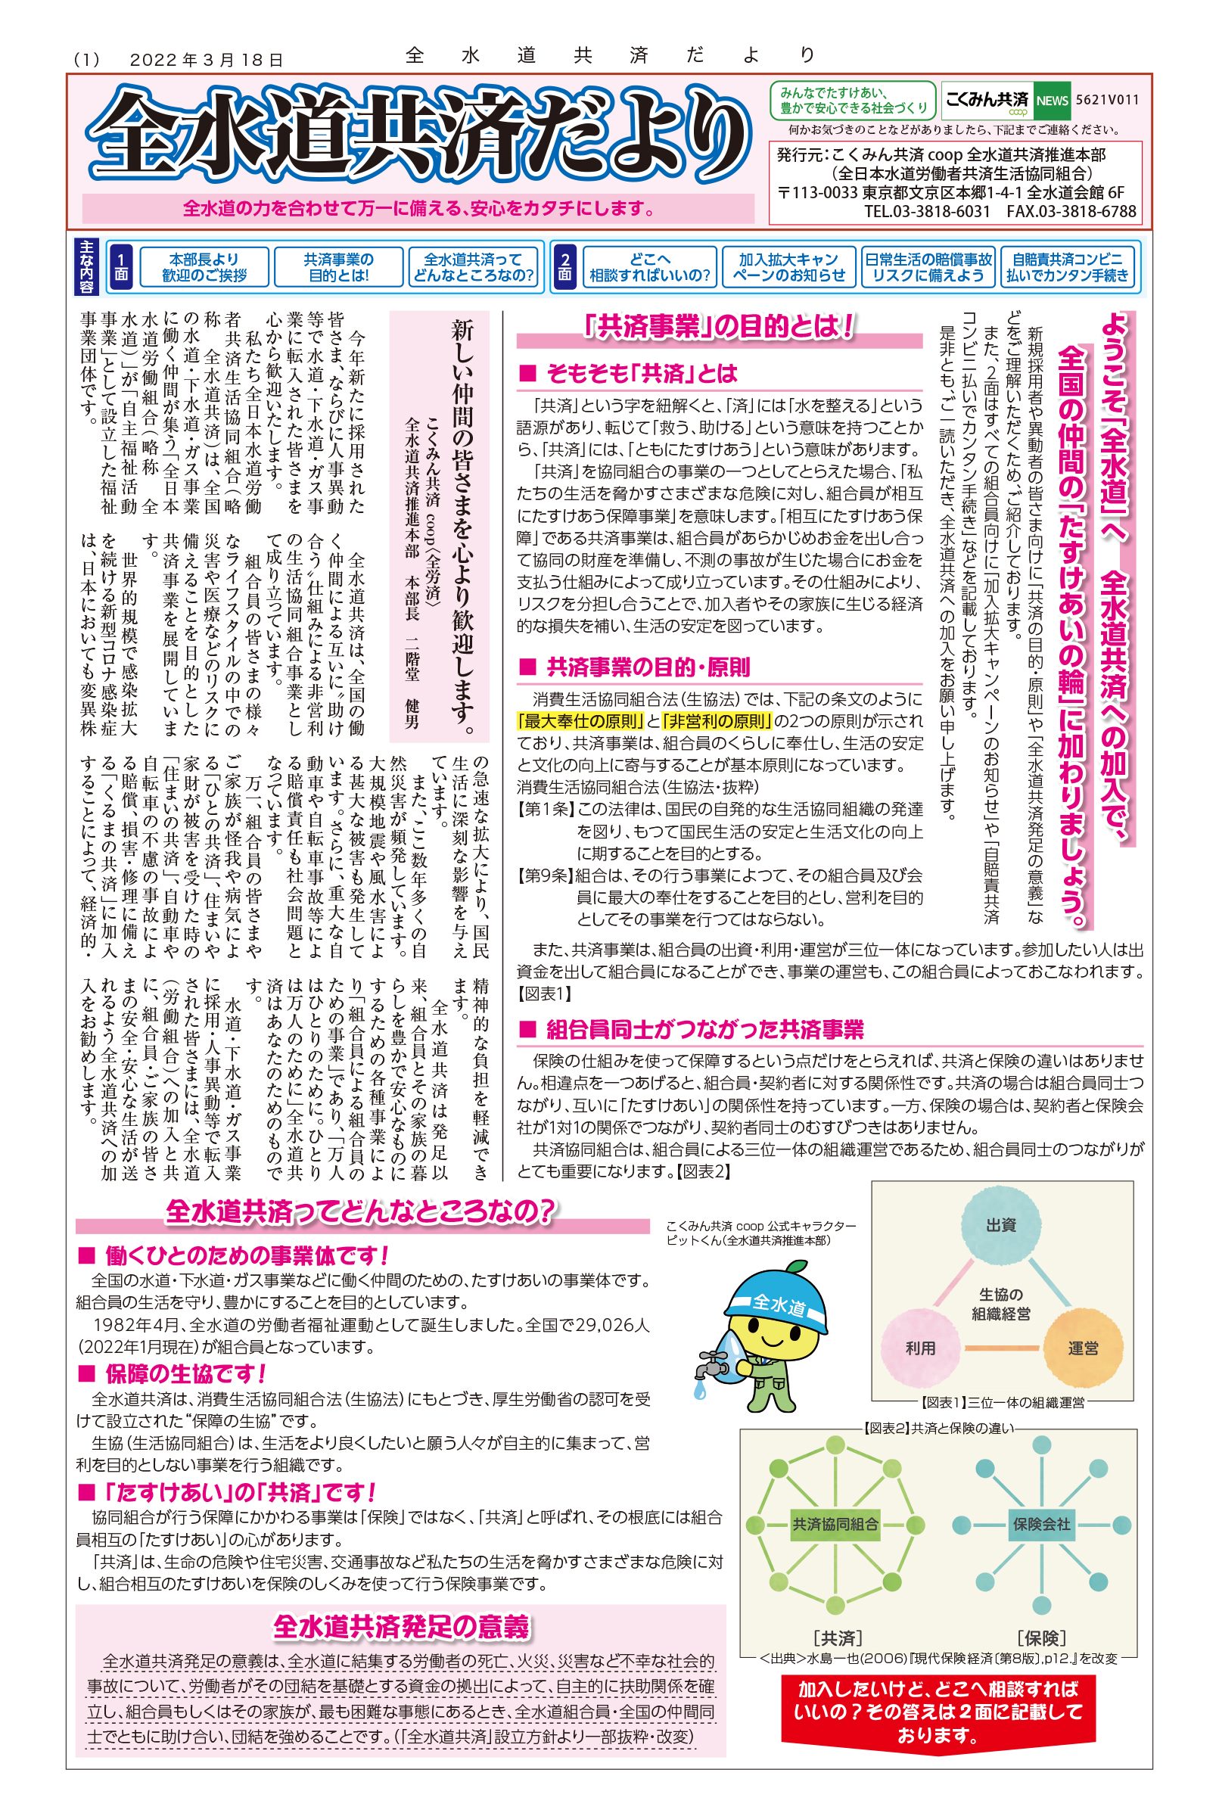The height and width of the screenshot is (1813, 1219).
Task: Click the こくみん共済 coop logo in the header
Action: (x=986, y=101)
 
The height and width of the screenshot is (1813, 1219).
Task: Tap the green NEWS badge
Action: (x=1053, y=101)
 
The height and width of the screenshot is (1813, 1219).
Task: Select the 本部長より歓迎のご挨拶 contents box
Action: (x=204, y=267)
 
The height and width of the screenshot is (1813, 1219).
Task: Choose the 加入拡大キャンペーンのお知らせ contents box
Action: (x=788, y=267)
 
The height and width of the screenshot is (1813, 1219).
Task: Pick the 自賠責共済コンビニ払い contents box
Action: (x=1068, y=267)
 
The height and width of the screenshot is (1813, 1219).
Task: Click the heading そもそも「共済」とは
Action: (x=641, y=374)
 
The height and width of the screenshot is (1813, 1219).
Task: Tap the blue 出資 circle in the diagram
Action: (x=1000, y=1225)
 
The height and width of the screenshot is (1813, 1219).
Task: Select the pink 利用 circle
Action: (x=920, y=1348)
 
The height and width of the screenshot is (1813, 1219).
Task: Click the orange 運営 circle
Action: (x=1082, y=1348)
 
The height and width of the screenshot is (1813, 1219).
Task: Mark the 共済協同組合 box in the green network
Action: (x=835, y=1525)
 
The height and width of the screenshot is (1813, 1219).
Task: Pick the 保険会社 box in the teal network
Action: (x=1041, y=1525)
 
